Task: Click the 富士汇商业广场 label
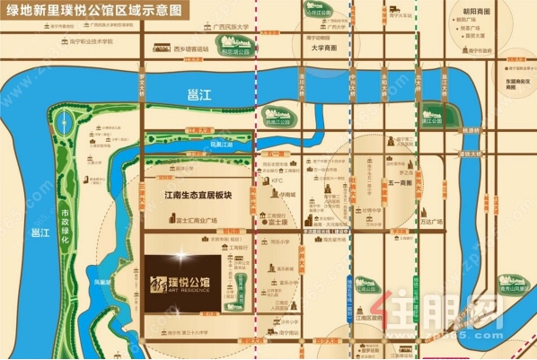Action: (x=194, y=219)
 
